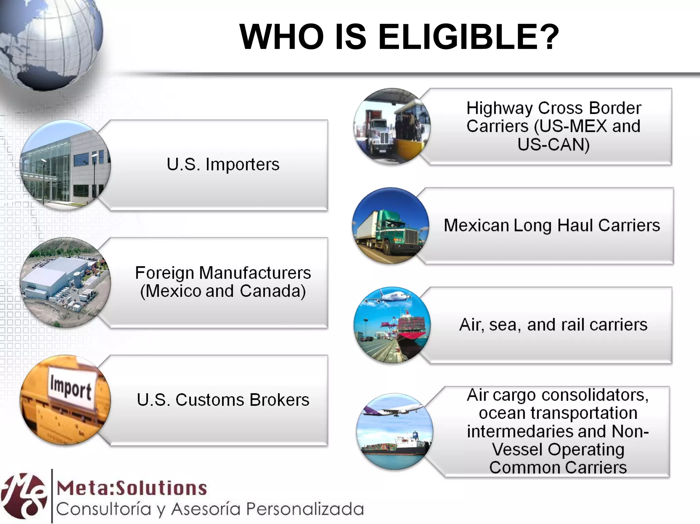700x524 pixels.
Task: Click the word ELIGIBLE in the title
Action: pyautogui.click(x=468, y=37)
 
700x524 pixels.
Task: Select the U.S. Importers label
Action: pyautogui.click(x=223, y=164)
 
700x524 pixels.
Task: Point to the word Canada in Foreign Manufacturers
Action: pyautogui.click(x=272, y=291)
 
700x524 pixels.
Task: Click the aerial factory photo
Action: pyautogui.click(x=65, y=282)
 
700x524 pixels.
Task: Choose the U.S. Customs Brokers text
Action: pyautogui.click(x=223, y=400)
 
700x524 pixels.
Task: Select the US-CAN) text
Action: pyautogui.click(x=553, y=145)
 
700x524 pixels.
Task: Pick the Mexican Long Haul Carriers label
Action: pyautogui.click(x=552, y=226)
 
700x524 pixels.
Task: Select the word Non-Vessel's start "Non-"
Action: pyautogui.click(x=630, y=432)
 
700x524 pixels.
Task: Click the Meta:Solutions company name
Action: pyautogui.click(x=132, y=488)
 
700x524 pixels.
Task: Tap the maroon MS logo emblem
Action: pyautogui.click(x=24, y=496)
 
